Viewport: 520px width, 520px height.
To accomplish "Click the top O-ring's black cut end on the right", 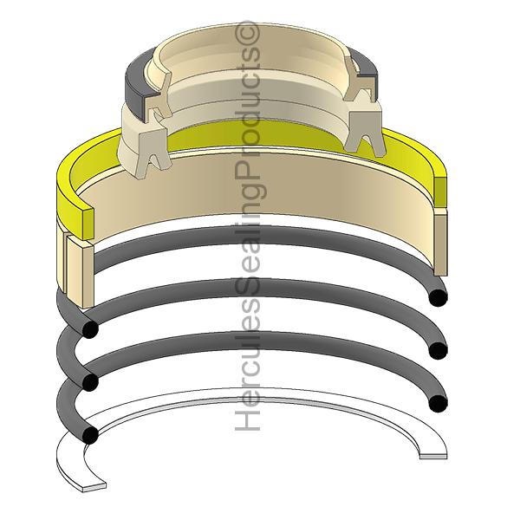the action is (x=438, y=297).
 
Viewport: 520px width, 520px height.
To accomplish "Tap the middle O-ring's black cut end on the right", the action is (x=438, y=350).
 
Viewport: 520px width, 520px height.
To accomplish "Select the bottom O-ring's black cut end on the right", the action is (x=438, y=403).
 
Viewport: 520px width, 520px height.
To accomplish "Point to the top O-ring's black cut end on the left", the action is (x=90, y=329).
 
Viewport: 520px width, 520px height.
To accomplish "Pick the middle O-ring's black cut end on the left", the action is (x=90, y=382).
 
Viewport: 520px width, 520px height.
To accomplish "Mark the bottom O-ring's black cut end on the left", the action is (x=90, y=435).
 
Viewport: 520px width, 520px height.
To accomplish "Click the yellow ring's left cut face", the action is (x=88, y=224).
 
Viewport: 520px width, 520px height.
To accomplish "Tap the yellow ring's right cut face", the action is (x=440, y=191).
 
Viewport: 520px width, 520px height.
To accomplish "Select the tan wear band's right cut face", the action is (x=440, y=243).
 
